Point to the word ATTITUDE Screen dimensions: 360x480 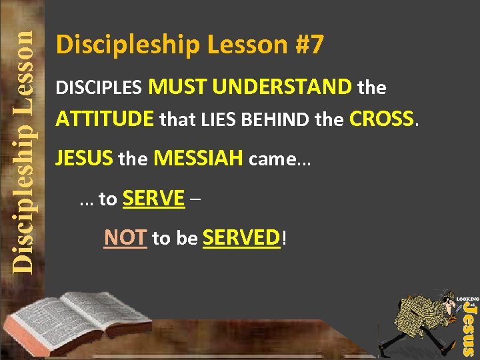point(105,120)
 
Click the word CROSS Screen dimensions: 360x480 point(383,119)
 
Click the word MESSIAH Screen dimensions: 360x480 point(198,159)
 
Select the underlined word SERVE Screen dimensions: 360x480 point(154,198)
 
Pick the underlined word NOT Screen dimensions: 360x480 point(125,237)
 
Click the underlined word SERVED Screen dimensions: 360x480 point(241,237)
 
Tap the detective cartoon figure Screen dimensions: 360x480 point(420,320)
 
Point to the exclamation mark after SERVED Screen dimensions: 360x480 point(285,238)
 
